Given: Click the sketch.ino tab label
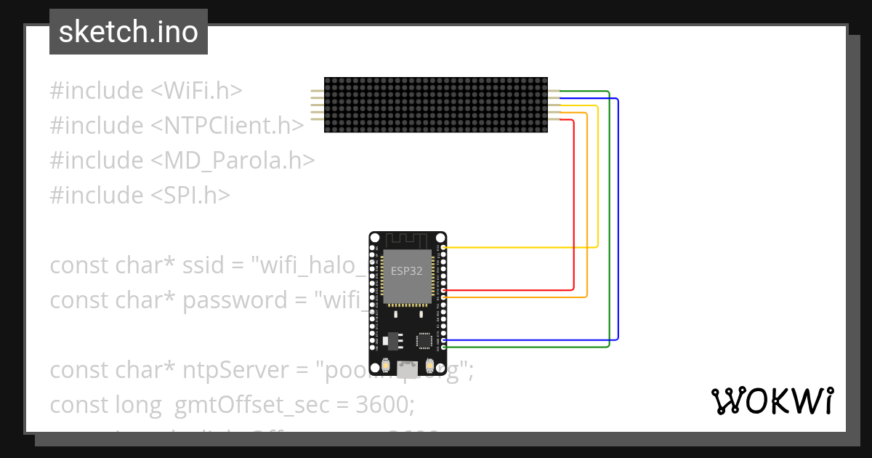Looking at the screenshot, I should coord(128,32).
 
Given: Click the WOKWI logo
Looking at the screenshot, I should coord(771,401).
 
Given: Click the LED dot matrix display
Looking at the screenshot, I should coord(436,105).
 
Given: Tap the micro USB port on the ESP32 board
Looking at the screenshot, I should coord(408,369).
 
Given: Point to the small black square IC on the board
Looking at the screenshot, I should coord(424,340).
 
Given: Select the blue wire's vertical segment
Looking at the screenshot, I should coord(618,218).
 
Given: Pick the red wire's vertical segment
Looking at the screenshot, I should coord(574,204).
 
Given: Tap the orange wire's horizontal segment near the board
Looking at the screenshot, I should coord(516,297).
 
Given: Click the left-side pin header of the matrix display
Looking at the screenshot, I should coord(317,105).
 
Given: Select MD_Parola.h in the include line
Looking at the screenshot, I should coord(240,161).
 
